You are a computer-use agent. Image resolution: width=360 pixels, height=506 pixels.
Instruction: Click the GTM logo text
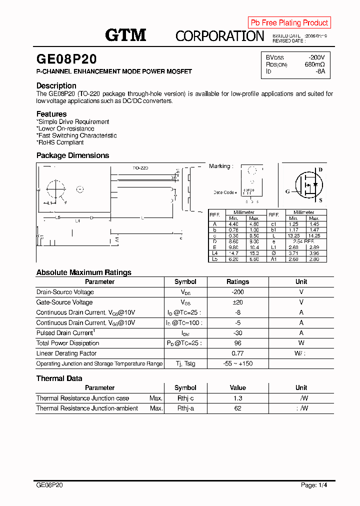tap(125, 35)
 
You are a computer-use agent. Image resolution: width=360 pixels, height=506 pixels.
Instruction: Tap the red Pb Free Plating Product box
tap(289, 22)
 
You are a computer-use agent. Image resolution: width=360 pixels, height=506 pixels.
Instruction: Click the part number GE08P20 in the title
tap(66, 59)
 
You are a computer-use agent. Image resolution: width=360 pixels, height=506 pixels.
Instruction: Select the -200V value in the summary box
tap(316, 57)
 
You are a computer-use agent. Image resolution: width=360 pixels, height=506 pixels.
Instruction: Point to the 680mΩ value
tap(314, 64)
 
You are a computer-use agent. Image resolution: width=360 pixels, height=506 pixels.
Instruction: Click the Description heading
tap(56, 85)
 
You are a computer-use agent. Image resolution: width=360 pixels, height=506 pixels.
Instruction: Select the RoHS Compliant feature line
tap(60, 142)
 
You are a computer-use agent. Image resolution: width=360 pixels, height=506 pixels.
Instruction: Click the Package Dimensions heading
tap(72, 155)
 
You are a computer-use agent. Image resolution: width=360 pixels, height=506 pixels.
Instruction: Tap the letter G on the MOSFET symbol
tap(287, 191)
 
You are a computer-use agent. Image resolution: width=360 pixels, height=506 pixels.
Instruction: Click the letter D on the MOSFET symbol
tap(320, 170)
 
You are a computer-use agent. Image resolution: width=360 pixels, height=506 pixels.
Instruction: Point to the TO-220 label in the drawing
tap(140, 168)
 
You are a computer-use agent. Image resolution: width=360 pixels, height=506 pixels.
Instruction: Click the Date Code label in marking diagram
tap(224, 192)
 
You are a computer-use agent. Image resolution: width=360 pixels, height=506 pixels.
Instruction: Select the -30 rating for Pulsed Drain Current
tap(237, 333)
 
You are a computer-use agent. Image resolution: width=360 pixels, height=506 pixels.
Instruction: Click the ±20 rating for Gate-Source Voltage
tap(237, 302)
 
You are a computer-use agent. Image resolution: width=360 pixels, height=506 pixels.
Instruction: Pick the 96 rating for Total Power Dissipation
tap(237, 343)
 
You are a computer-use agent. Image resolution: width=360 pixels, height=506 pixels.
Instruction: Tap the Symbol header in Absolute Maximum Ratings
tap(185, 282)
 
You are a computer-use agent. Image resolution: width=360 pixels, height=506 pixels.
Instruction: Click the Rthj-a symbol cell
tap(184, 408)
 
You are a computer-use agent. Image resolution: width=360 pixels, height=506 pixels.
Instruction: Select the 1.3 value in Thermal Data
tap(237, 398)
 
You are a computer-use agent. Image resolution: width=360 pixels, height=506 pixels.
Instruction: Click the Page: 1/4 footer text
tap(314, 485)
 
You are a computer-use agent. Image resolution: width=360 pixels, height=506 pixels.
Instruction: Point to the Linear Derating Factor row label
tap(66, 353)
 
